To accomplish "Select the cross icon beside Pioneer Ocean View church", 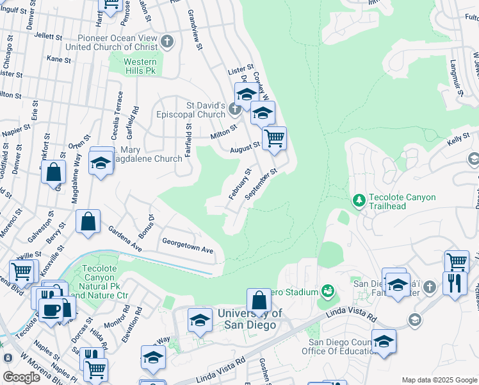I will coord(167,42).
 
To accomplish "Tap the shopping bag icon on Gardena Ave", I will coord(88,221).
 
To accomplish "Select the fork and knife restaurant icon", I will coord(455,282).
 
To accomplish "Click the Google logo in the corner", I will coord(21,377).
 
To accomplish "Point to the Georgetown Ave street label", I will coord(187,250).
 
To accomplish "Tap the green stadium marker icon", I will coord(328,292).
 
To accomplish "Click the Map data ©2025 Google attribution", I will coord(438,380).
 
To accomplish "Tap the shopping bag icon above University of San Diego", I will coord(259,300).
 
